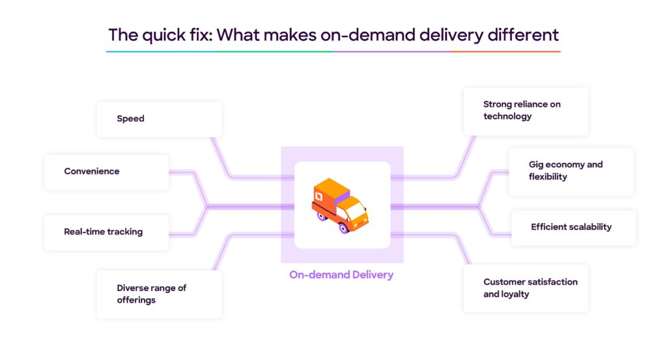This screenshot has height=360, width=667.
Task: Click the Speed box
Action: click(x=159, y=119)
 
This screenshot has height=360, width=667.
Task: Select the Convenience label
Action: click(x=92, y=172)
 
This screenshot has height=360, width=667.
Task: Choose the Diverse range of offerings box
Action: click(x=159, y=294)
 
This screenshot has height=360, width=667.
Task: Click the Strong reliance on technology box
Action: click(x=525, y=111)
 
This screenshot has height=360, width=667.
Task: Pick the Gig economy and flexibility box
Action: click(x=571, y=171)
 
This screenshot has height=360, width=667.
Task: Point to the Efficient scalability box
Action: click(x=573, y=227)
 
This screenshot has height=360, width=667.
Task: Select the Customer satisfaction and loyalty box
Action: click(x=525, y=288)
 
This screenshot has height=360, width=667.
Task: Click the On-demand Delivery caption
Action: click(x=341, y=275)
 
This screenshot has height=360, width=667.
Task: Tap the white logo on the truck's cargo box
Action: click(x=319, y=196)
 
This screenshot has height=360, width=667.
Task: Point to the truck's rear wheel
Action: click(x=322, y=215)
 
